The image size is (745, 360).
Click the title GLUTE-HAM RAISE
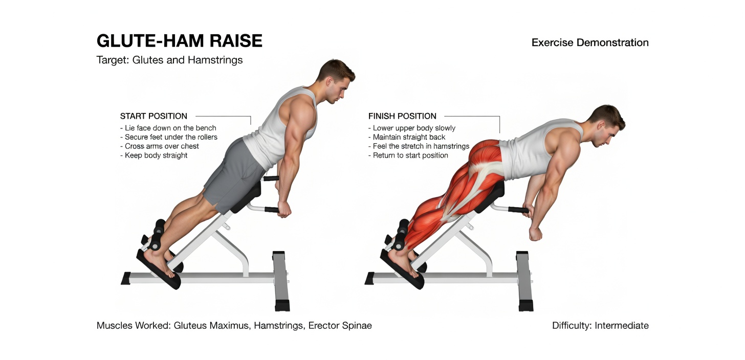click(179, 41)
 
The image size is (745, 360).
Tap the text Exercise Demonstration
click(590, 42)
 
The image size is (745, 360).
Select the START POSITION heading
click(154, 116)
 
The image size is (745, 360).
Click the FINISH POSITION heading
click(402, 116)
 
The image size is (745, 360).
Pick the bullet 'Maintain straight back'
click(409, 137)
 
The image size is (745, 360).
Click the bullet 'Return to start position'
click(410, 155)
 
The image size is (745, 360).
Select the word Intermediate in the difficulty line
click(621, 326)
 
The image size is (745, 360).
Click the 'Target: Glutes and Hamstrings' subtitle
click(169, 60)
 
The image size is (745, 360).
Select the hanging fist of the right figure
click(536, 233)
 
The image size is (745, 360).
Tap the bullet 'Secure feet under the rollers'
click(171, 137)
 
